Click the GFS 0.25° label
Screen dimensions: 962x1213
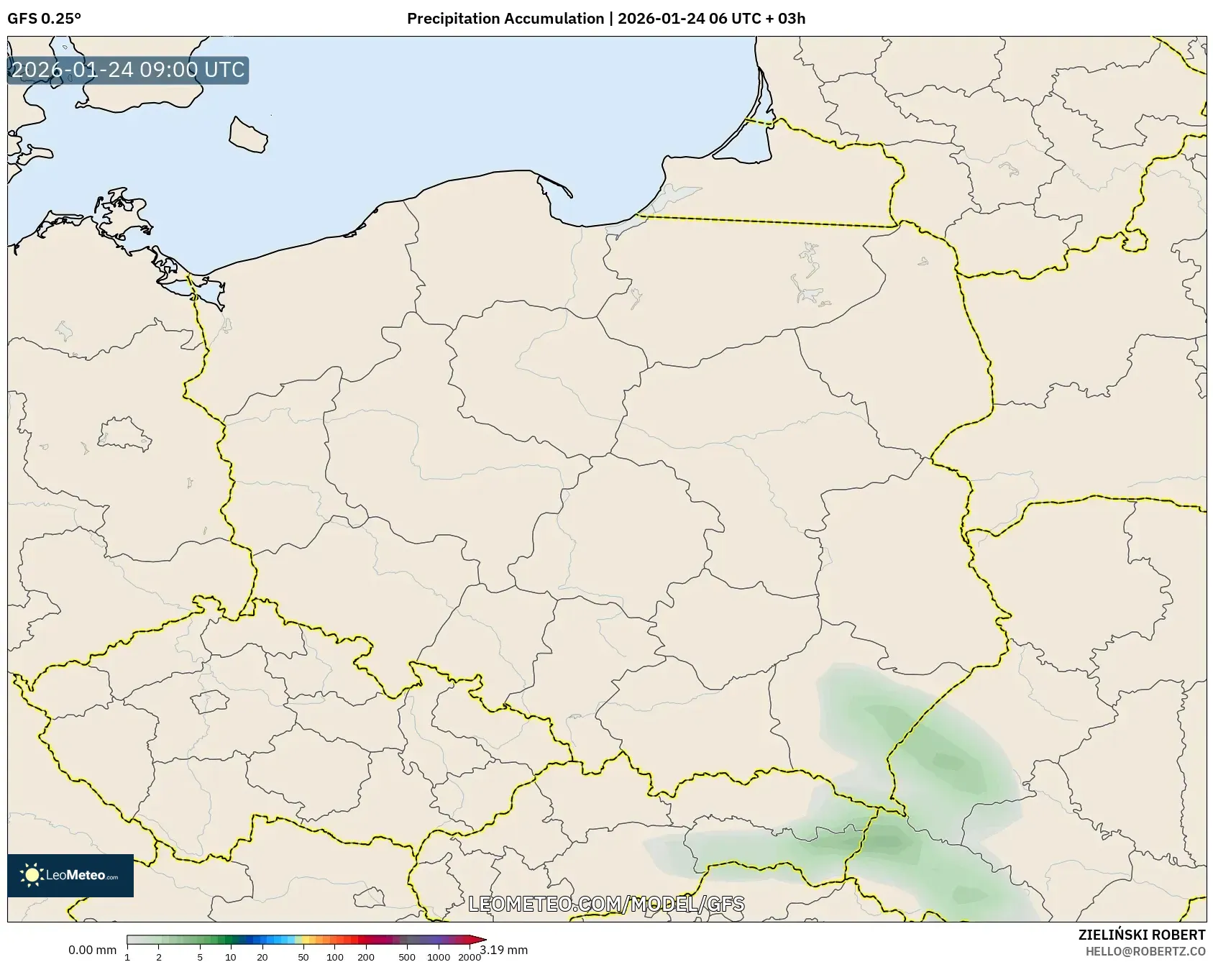click(x=44, y=19)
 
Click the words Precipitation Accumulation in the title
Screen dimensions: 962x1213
click(x=505, y=19)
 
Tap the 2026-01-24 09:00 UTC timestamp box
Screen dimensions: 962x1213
click(x=128, y=70)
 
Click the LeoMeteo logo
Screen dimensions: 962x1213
click(x=70, y=875)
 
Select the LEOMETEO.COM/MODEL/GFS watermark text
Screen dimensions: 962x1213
click(x=606, y=904)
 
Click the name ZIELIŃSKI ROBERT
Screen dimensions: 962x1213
click(x=1141, y=935)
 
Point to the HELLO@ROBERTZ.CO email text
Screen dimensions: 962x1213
click(x=1145, y=951)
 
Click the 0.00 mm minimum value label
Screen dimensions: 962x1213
click(x=92, y=950)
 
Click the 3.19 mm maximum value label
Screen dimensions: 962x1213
click(x=504, y=950)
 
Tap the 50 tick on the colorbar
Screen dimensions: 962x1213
click(x=303, y=956)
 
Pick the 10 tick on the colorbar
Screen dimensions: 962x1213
click(x=231, y=956)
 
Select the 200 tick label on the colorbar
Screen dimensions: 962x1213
click(x=366, y=956)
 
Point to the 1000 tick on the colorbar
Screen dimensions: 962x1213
click(x=439, y=956)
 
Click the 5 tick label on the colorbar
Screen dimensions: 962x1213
click(x=200, y=956)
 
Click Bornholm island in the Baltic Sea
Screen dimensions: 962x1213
click(x=248, y=134)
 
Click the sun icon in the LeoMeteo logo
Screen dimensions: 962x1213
click(x=32, y=875)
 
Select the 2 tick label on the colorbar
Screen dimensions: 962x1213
click(x=159, y=956)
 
